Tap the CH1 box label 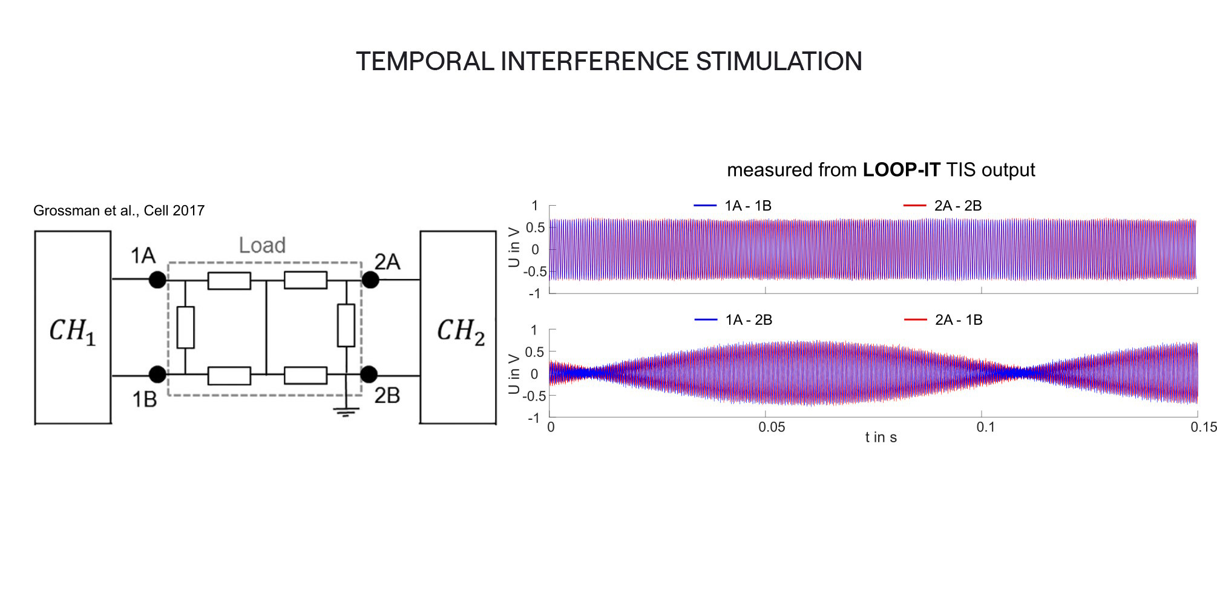point(73,331)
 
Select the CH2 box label point(461,331)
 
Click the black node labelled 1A point(157,280)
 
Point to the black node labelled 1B point(157,374)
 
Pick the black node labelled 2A point(370,280)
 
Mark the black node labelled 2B point(369,374)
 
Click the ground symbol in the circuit point(346,413)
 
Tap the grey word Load point(262,245)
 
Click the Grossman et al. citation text point(119,211)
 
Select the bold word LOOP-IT point(901,170)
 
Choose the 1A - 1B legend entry point(732,206)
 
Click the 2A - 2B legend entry point(942,206)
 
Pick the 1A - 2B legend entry point(733,319)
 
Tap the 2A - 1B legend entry point(943,319)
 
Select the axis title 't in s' point(881,437)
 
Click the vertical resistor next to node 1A point(185,327)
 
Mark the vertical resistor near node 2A point(346,325)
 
